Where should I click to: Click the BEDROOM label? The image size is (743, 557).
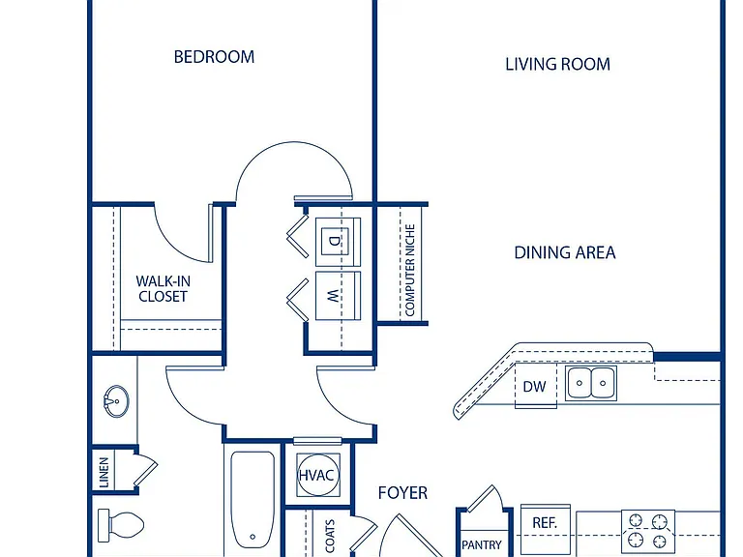pos(214,57)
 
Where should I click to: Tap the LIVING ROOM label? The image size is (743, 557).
pos(557,64)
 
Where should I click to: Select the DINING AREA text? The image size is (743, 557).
pos(565,252)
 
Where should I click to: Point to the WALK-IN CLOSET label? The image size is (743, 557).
pos(163,288)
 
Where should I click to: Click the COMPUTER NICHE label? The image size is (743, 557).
pos(410,270)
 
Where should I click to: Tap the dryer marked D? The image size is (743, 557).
pos(338,242)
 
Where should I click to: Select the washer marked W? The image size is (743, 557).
pos(338,296)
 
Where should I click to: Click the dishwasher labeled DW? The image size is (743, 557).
pos(535,386)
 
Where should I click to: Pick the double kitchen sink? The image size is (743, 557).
pos(591,383)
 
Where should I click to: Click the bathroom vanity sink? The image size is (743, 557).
pos(116,401)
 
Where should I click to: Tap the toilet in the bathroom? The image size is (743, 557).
pos(120,525)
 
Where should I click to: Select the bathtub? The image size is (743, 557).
pos(253,500)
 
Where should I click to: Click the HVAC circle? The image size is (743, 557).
pos(317,475)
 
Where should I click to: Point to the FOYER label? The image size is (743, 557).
pos(402,493)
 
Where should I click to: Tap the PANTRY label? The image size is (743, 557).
pos(482,545)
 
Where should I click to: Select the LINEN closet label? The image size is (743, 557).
pos(104,472)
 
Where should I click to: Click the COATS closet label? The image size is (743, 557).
pos(330,536)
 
